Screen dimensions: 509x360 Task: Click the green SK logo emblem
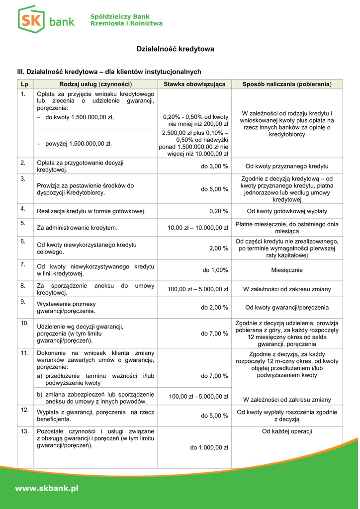point(31,20)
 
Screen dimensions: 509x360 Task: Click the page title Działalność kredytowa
point(176,49)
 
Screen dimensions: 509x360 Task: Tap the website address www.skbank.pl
point(47,489)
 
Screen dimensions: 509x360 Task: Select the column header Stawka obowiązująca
point(194,84)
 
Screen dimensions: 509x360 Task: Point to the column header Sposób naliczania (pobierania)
point(286,84)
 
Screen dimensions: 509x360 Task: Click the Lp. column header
point(25,84)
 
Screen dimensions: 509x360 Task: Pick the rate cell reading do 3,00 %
point(214,167)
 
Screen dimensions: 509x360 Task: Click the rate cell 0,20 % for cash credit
point(219,211)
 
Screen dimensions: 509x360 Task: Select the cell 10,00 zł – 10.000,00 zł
point(198,228)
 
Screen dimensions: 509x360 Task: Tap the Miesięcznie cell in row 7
point(286,270)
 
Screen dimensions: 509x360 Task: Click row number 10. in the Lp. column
point(24,323)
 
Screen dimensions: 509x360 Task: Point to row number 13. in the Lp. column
point(24,430)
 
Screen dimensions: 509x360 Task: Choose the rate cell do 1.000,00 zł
point(209,448)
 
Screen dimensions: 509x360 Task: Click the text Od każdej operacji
point(287,431)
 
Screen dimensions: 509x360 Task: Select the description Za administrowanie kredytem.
point(77,228)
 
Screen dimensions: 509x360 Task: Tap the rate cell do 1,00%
point(215,270)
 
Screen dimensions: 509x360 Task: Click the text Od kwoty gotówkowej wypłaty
point(287,211)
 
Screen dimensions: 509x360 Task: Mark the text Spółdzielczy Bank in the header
point(120,17)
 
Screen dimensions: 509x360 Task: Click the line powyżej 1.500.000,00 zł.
point(79,144)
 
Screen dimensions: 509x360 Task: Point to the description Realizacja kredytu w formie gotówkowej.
point(91,211)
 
